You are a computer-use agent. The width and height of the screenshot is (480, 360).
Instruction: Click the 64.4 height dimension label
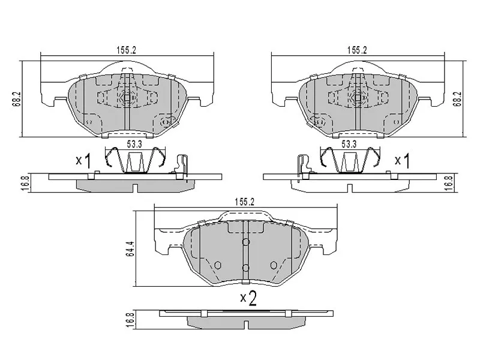pos(130,248)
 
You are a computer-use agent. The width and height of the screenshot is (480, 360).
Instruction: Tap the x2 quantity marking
pos(248,298)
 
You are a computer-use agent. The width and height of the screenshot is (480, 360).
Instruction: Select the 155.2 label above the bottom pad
pos(245,202)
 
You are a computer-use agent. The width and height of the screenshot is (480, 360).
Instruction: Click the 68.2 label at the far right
pos(458,99)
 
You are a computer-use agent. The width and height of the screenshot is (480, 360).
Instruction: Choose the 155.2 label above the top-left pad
pos(126,50)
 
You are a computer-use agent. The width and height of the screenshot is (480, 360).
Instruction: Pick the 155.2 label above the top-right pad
pos(357,50)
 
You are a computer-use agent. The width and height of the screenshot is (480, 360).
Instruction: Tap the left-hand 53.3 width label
pos(134,144)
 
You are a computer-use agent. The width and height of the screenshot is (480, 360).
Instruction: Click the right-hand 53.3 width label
pos(349,144)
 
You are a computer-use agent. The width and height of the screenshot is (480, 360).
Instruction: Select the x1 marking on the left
pos(83,161)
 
